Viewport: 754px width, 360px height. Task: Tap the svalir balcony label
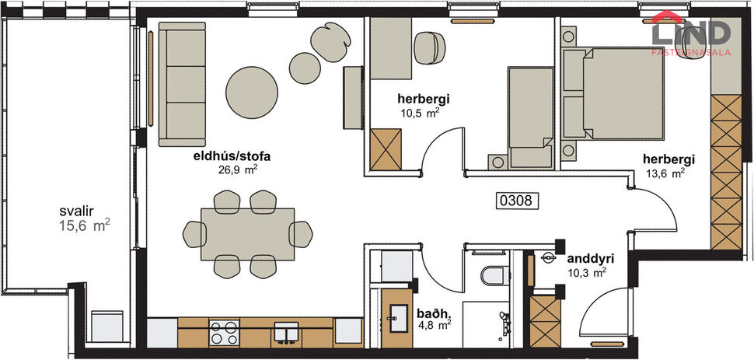click(77, 211)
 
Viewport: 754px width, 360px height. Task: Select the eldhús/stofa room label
click(226, 155)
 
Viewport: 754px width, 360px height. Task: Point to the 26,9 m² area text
click(238, 168)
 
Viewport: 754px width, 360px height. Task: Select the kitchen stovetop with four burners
click(225, 333)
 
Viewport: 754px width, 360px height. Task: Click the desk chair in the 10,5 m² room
click(428, 47)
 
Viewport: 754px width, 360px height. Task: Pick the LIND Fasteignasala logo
click(690, 33)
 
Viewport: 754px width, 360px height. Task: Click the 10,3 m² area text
click(585, 272)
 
